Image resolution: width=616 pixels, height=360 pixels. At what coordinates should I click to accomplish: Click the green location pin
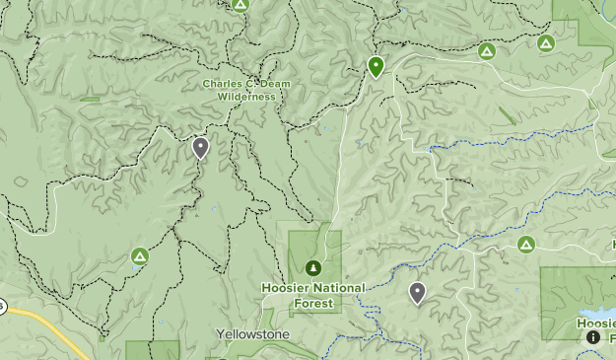click(376, 66)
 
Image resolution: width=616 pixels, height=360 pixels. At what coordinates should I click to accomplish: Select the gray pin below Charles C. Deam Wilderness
click(201, 148)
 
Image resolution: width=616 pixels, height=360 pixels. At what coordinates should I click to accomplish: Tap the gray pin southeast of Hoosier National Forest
click(417, 292)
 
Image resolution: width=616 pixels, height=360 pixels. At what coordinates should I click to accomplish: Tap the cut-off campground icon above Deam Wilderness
click(240, 4)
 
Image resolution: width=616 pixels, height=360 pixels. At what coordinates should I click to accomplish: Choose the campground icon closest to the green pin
click(486, 50)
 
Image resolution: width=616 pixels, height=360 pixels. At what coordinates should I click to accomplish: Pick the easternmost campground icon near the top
click(545, 42)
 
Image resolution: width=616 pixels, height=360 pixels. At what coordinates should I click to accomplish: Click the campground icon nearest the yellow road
click(140, 256)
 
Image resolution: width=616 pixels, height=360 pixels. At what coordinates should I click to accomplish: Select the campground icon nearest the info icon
click(525, 244)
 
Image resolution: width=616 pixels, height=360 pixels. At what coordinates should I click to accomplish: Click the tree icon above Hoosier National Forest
click(313, 266)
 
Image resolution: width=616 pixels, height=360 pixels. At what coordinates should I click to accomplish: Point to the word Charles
click(224, 84)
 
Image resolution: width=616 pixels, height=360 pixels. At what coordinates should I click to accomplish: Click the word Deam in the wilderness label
click(275, 84)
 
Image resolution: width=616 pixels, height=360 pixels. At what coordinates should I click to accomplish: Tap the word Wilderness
click(245, 97)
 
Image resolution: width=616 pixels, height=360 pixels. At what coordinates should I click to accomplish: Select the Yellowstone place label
click(253, 334)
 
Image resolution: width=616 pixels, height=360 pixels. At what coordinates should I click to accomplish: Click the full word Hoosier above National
click(285, 288)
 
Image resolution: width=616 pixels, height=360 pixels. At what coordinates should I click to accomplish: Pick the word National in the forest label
click(336, 288)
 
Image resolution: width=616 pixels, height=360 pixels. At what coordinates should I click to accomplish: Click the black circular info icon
click(593, 336)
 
